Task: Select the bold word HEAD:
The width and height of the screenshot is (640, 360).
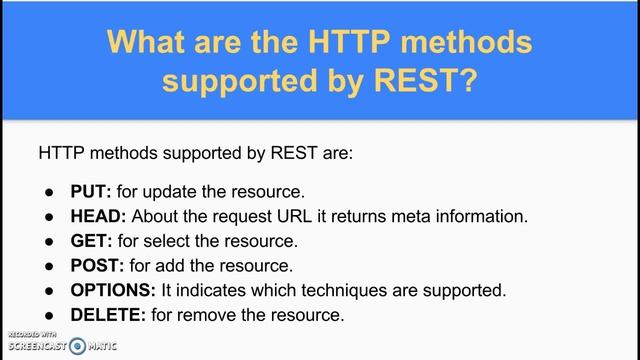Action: click(98, 216)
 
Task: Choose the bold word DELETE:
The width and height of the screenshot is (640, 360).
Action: click(105, 316)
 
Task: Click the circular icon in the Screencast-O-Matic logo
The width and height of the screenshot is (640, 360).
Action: click(77, 346)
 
